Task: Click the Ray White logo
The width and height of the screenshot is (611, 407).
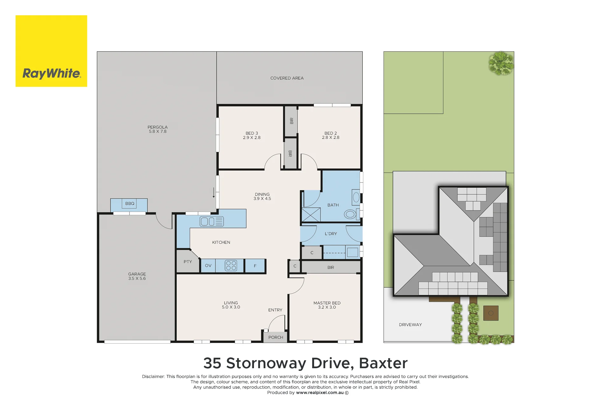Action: coord(51,51)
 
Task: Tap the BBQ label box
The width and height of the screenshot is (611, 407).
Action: coord(130,203)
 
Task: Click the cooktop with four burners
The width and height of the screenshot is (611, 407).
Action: coord(231,266)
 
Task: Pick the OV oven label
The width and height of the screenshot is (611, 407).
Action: coord(208,266)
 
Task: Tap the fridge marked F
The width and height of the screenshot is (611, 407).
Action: coord(255,266)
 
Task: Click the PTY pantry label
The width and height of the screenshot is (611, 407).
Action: coord(188,262)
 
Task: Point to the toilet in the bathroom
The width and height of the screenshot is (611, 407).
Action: coord(351,214)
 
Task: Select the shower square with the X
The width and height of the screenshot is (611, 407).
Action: coord(311,215)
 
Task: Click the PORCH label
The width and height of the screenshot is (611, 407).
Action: coord(276,337)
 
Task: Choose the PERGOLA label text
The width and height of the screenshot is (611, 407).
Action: coord(158,127)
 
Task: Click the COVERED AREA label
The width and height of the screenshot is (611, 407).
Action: coord(287,78)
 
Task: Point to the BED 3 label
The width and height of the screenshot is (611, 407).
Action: coord(252,133)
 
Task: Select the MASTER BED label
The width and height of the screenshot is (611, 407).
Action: coord(327,303)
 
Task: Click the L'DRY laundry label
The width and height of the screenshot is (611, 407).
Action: coord(331,234)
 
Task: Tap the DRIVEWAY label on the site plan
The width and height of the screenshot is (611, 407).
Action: coord(411,325)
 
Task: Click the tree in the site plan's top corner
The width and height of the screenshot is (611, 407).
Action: coord(501,63)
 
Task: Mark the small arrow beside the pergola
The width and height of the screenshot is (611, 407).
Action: coord(214,193)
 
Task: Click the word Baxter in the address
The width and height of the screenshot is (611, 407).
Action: coord(383,363)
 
